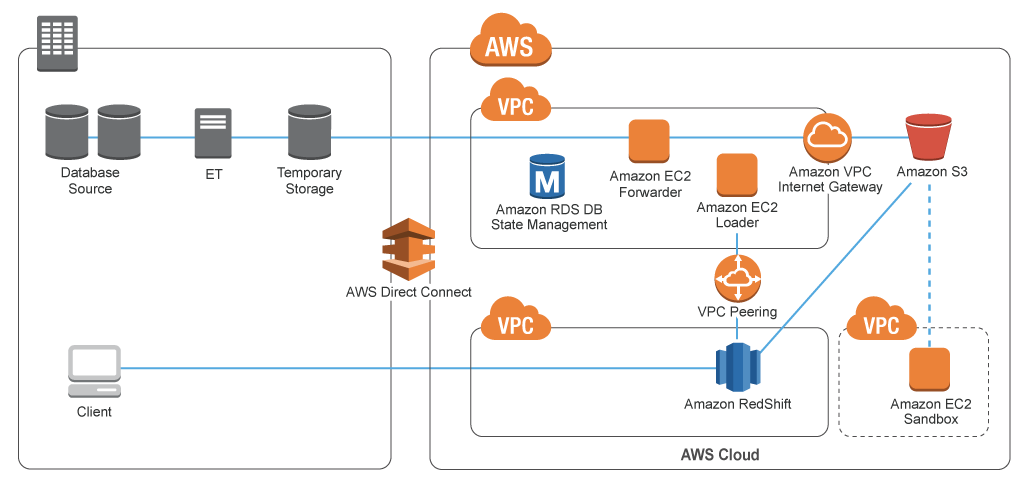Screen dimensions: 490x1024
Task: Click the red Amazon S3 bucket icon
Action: (x=927, y=138)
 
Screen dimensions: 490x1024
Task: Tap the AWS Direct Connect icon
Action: (x=409, y=249)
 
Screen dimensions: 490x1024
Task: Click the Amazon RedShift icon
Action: (x=738, y=367)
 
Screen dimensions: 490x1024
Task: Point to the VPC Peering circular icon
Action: (x=737, y=278)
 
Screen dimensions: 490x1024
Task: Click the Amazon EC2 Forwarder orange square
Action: (x=648, y=141)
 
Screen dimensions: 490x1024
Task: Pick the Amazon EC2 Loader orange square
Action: (x=737, y=175)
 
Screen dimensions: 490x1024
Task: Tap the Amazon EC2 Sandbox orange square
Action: (x=929, y=370)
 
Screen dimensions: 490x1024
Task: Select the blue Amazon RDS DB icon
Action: (x=547, y=176)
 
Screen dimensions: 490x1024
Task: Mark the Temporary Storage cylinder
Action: (x=308, y=134)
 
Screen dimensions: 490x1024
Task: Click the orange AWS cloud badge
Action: (x=510, y=43)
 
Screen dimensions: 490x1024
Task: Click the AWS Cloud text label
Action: (x=720, y=455)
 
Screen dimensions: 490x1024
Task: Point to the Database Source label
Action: (x=90, y=181)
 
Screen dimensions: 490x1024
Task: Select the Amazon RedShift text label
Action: (x=738, y=405)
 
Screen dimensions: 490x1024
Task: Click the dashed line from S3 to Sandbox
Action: (x=930, y=260)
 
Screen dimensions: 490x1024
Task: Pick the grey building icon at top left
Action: (x=56, y=43)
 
